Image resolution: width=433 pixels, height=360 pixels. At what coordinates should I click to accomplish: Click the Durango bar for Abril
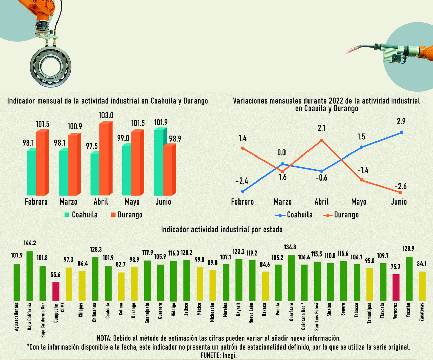[x=104, y=159]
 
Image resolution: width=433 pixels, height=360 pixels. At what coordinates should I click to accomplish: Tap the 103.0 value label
[x=106, y=116]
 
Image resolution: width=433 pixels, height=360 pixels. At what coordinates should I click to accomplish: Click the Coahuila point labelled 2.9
[x=401, y=133]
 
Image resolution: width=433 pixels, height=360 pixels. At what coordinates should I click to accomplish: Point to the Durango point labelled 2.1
[x=321, y=140]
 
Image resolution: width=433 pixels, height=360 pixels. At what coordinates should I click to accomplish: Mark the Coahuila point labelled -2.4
[x=243, y=191]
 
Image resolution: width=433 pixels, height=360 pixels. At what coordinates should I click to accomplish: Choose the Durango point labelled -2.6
[x=401, y=193]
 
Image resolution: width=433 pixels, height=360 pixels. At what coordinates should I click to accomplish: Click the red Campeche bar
[x=56, y=291]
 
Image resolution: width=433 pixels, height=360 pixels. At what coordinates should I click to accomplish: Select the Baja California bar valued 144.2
[x=30, y=276]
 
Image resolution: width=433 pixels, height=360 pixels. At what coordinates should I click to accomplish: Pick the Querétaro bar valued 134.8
[x=291, y=278]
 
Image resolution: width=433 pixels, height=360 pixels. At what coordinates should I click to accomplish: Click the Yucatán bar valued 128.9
[x=409, y=279]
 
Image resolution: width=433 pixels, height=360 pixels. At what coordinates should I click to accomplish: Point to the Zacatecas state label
[x=421, y=312]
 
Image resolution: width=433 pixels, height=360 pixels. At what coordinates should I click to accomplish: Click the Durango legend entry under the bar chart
[x=127, y=215]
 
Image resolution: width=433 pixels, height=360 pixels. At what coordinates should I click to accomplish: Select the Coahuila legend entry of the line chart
[x=294, y=215]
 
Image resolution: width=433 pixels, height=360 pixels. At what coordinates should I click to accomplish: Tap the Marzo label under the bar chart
[x=68, y=202]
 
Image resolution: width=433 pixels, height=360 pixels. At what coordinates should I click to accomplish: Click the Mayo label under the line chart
[x=359, y=202]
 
